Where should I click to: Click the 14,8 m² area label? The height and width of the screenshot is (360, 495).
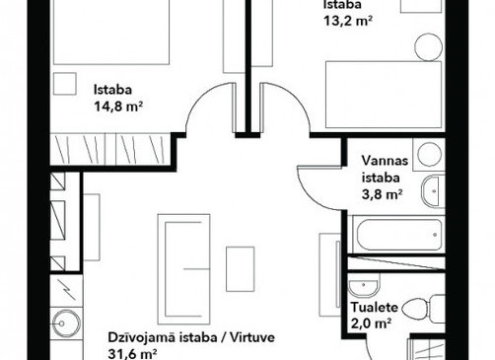[x=118, y=107]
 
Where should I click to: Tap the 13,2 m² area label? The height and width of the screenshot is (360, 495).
[x=348, y=21]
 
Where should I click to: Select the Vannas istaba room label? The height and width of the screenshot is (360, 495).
[x=385, y=169]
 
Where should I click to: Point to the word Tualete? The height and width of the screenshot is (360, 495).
[x=375, y=308]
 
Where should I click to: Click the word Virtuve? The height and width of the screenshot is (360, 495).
[x=252, y=337]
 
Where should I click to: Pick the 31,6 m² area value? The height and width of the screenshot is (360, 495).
[x=132, y=354]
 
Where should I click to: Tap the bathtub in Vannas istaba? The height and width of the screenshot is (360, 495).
[x=399, y=235]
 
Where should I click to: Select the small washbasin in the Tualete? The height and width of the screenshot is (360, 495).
[x=364, y=288]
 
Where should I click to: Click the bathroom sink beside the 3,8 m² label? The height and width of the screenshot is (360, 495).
[x=433, y=191]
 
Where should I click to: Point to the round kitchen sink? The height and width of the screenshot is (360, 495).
[x=67, y=323]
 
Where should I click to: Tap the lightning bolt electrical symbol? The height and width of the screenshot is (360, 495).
[x=68, y=289]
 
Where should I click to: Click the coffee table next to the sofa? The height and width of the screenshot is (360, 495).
[x=241, y=269]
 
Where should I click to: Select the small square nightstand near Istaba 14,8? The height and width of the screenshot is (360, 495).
[x=65, y=84]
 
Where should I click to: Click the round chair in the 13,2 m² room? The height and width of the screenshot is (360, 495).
[x=428, y=46]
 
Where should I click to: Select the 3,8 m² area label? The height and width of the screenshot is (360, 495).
[x=383, y=194]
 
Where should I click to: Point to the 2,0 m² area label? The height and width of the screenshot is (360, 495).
[x=371, y=324]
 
